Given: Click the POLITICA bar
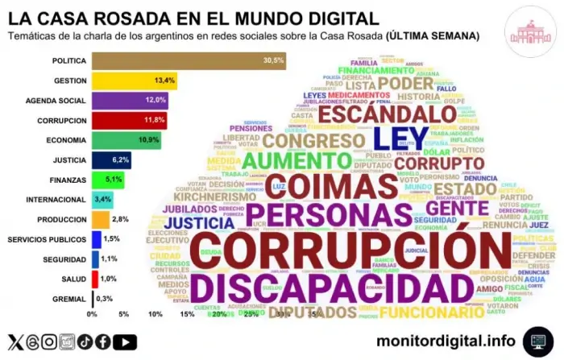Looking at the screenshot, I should (x=189, y=60).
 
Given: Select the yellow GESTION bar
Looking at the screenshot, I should (x=134, y=81).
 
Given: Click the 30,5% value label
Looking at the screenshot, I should (x=273, y=60).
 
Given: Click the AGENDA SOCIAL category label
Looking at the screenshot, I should (x=52, y=101).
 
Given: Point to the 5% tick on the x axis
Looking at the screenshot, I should (x=124, y=314).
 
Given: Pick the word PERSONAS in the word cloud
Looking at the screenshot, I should (x=326, y=214).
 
